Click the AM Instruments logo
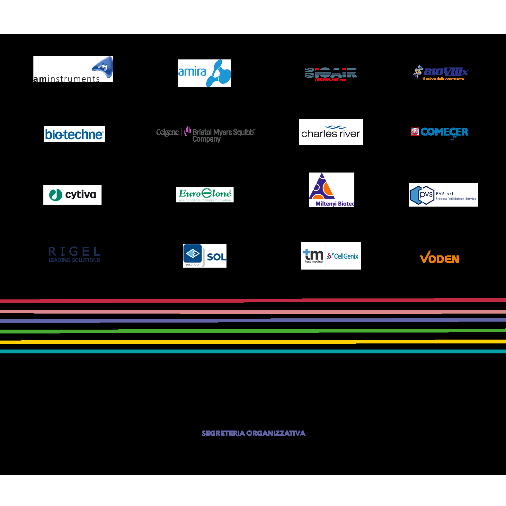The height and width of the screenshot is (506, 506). point(73,69)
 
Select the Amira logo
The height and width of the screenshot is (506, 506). point(205,73)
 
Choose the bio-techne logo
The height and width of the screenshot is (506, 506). point(74,134)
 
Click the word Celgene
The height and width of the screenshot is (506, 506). point(167,132)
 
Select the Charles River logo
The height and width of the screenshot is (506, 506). point(331,132)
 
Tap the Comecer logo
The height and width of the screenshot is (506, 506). point(439,132)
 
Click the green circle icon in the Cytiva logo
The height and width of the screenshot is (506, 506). point(56,195)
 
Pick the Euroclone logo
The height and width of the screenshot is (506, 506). point(205,195)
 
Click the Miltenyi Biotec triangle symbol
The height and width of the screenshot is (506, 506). point(322,187)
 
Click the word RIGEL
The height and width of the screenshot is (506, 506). point(74,251)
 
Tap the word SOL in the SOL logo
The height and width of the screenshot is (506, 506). point(216,257)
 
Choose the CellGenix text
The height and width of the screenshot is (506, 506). point(346,256)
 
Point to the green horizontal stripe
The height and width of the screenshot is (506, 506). point(253,331)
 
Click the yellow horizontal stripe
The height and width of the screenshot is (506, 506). point(253,342)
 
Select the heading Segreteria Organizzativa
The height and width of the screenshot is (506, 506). point(253,433)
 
